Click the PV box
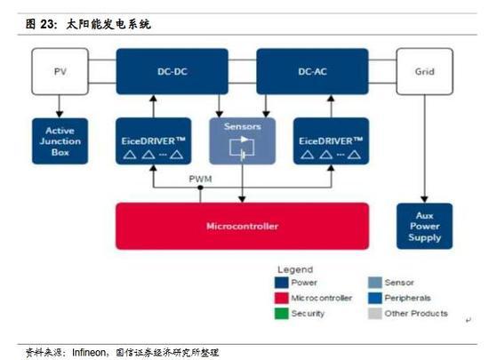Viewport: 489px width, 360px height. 60,71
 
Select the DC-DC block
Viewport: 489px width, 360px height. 172,71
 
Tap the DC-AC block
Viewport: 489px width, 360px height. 312,71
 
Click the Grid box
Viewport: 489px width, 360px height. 424,71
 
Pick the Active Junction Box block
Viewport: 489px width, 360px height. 60,140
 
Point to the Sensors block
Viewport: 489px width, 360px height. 243,140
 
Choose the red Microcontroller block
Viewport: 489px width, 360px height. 243,226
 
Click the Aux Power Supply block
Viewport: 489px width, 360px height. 424,226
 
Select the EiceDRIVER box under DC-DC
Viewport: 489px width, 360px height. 153,140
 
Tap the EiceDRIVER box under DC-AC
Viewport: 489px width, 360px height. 331,140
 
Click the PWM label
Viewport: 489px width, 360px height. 200,179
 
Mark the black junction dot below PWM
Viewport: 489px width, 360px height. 200,188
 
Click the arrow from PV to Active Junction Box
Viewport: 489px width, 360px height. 60,107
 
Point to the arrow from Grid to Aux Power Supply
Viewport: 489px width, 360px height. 424,148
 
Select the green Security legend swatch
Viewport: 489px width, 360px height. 281,314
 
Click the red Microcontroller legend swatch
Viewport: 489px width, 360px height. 281,298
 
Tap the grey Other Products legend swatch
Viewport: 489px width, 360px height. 375,314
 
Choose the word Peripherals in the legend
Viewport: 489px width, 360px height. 407,298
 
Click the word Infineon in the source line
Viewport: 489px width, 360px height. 89,353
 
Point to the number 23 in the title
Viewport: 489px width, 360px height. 47,24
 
